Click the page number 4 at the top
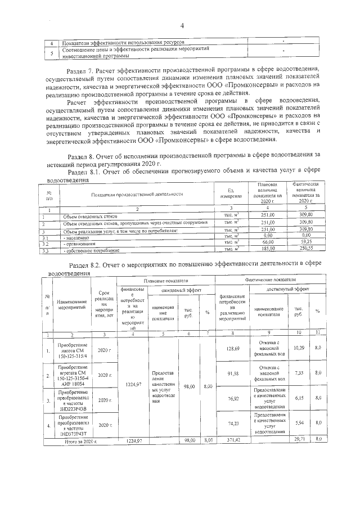(182, 25)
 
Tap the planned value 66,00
(267, 242)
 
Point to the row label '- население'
(75, 237)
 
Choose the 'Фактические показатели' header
(270, 280)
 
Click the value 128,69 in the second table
(232, 349)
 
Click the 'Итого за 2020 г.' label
(79, 439)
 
